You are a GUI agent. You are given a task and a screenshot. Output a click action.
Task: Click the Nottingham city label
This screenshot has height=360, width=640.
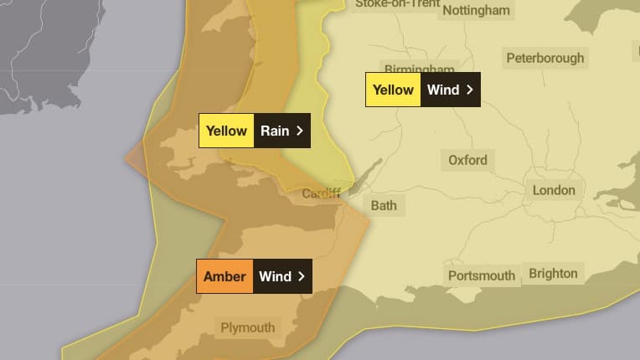coord(476,10)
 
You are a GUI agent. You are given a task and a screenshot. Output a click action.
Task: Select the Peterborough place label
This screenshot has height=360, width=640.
coord(545,58)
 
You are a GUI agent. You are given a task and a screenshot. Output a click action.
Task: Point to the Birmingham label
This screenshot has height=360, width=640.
coord(419,69)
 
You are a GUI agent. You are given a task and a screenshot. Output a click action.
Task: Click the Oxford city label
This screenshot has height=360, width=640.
coord(467,160)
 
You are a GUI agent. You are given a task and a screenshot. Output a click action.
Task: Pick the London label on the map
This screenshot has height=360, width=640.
coord(554,190)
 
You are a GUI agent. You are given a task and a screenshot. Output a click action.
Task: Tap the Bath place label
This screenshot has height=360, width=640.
coord(384,204)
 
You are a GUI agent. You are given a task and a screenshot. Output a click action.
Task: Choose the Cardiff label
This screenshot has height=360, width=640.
coord(322,194)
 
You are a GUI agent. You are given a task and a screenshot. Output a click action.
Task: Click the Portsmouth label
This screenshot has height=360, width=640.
coord(482,275)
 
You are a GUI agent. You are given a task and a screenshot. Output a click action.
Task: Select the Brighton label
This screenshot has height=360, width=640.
coord(553,273)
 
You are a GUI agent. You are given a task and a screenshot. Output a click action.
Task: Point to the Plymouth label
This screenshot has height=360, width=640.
coord(247,327)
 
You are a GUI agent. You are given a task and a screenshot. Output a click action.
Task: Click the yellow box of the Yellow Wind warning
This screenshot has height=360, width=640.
coord(393,90)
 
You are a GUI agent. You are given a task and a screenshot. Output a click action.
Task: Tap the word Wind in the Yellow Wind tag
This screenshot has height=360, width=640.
coord(443,90)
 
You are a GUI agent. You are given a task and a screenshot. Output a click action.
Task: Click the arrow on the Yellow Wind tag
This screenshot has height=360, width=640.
coord(470,90)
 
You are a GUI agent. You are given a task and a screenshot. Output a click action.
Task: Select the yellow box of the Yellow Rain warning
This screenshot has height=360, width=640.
coord(226,131)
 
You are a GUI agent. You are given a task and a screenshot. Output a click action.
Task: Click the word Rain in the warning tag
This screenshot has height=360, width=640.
coord(274,131)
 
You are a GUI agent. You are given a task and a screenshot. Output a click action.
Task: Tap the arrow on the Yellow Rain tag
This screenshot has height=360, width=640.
coord(300,131)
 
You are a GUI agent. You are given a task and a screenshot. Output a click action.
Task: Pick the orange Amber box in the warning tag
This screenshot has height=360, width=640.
coord(225,276)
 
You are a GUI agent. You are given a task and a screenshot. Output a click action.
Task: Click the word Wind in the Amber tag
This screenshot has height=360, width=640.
coord(275,276)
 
